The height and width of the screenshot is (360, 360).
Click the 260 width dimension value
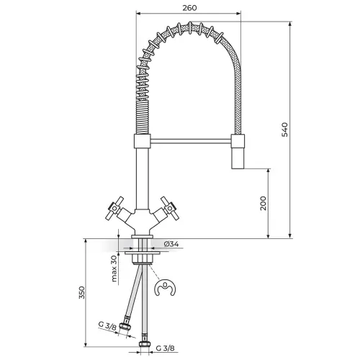coord(189,8)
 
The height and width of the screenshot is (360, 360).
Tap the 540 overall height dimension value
coord(284,130)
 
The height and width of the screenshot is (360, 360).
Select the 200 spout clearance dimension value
coord(264,203)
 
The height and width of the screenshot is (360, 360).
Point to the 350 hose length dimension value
coord(82,292)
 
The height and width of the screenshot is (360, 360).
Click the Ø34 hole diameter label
coord(171,244)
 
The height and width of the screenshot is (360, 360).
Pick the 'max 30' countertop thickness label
coord(114,269)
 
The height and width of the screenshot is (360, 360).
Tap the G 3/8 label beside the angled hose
coord(107,325)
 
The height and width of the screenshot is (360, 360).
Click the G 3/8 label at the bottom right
coord(166,348)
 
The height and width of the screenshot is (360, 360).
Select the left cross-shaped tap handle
coord(115,208)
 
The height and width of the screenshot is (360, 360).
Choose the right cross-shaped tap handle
coord(170,208)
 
